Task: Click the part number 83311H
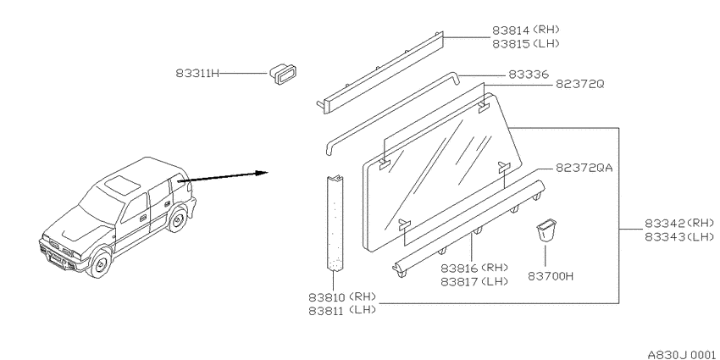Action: pos(197,74)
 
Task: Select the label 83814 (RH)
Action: pos(526,30)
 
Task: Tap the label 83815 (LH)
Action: pos(526,43)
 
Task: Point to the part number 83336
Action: pos(528,75)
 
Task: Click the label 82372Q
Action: pos(580,85)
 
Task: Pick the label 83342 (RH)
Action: pos(679,224)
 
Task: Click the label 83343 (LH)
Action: pos(679,237)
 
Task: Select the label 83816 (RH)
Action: pos(474,269)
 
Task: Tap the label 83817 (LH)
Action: pos(474,281)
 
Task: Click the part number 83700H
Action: pos(551,277)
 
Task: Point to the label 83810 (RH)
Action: pos(342,296)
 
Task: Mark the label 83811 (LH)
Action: pos(342,310)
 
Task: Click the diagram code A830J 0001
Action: pos(681,354)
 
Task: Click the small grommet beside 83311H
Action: pos(282,75)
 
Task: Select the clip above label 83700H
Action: pos(546,231)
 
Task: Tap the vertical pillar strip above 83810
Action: pos(335,223)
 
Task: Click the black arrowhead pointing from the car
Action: pos(262,173)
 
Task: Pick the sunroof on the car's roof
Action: pos(122,184)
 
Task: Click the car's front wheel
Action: pos(100,263)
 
